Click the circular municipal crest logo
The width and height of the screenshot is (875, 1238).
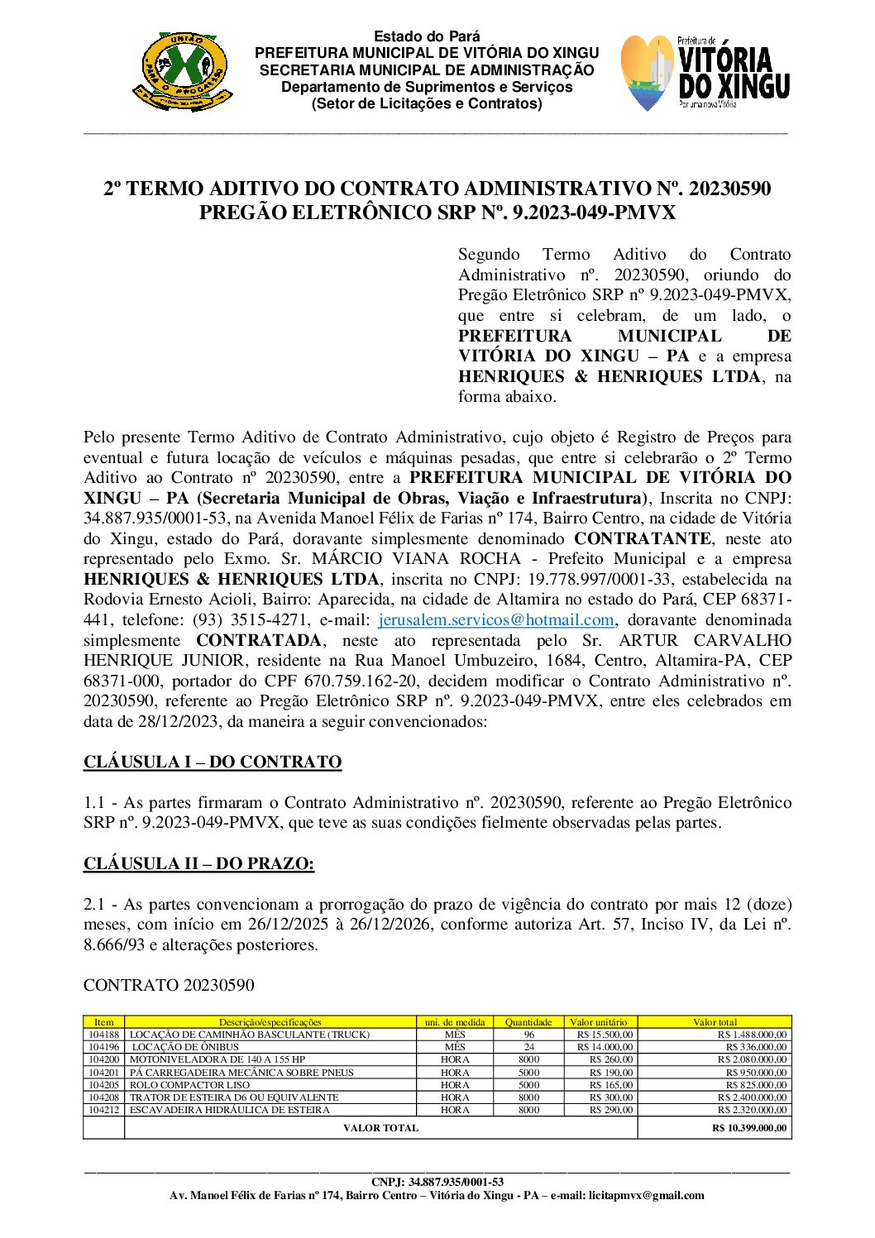[183, 72]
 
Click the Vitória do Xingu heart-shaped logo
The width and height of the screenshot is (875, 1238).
[648, 73]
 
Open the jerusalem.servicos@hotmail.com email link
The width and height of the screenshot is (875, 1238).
[496, 620]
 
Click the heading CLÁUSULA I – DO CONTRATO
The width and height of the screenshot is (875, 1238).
[213, 762]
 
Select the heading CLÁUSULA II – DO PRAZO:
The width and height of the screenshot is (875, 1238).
[198, 864]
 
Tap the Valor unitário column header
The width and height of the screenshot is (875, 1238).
[599, 1022]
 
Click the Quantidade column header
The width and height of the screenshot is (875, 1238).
[528, 1022]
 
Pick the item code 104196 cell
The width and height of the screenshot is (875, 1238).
[104, 1047]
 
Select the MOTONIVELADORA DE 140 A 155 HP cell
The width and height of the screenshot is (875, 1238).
[218, 1059]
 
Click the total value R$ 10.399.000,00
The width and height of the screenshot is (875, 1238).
[749, 1128]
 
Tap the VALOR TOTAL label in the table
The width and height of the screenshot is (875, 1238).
[380, 1128]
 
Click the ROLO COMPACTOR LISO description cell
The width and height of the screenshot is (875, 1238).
[189, 1085]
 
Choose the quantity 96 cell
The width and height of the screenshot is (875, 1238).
[529, 1035]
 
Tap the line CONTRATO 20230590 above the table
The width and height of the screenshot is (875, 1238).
[169, 986]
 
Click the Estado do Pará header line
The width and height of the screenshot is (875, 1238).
[427, 36]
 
